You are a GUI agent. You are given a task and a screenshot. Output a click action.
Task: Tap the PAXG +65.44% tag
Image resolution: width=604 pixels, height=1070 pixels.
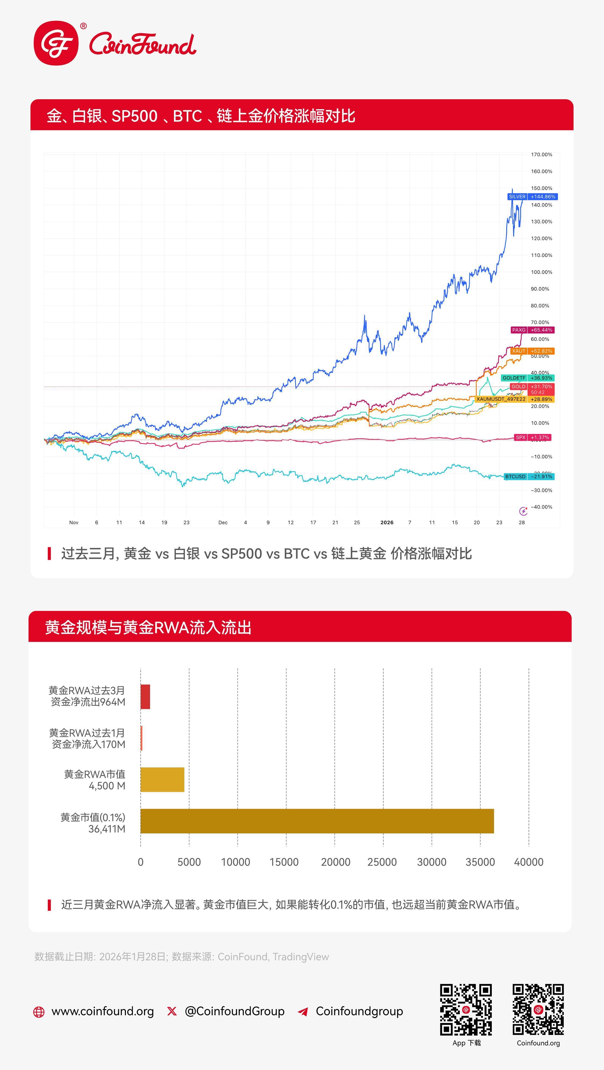(x=532, y=330)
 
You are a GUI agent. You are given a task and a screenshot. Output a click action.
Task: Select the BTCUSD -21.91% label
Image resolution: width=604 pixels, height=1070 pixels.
(x=529, y=476)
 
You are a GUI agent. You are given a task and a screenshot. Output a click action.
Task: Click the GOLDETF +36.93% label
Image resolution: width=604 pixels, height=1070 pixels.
(x=527, y=378)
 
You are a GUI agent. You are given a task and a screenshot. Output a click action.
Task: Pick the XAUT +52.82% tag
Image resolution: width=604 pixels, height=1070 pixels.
(x=532, y=351)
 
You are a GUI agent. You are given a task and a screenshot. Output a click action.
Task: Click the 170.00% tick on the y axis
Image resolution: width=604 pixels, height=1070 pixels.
(x=541, y=155)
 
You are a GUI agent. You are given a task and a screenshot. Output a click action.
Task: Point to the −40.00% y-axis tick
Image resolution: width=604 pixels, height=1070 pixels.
(x=541, y=507)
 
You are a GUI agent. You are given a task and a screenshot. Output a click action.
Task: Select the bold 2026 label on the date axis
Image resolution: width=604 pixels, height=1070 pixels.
(x=387, y=523)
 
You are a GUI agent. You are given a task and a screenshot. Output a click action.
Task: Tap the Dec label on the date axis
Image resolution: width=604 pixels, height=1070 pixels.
(x=223, y=523)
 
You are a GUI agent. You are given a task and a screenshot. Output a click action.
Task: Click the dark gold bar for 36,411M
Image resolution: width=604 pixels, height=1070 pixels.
(x=317, y=821)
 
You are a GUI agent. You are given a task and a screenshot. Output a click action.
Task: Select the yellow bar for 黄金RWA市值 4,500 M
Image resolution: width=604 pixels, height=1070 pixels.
(x=162, y=780)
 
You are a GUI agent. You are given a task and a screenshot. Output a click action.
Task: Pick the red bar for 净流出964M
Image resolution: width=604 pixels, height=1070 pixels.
(x=145, y=697)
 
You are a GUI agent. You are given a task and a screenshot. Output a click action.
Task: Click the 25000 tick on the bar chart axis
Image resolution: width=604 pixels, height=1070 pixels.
(x=382, y=862)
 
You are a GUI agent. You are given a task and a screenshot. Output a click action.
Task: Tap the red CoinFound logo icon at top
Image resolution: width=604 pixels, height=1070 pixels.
(x=56, y=43)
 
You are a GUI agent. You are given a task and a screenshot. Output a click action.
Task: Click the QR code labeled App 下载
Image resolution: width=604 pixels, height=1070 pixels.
(x=466, y=1009)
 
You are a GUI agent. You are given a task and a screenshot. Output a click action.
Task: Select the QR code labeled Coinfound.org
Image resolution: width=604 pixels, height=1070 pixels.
(x=538, y=1009)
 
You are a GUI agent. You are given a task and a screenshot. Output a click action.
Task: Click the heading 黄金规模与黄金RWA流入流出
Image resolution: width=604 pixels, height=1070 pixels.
(x=148, y=627)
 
